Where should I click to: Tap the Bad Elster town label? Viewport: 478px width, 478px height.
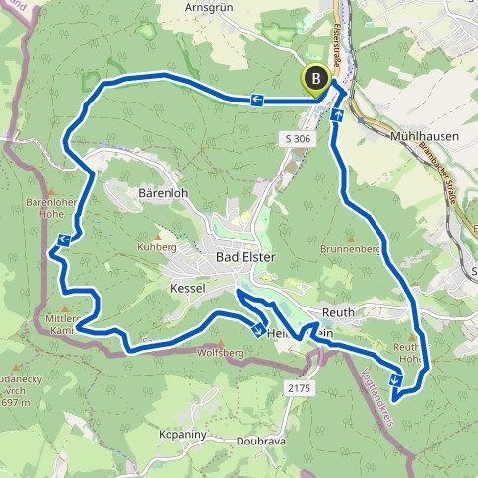point(246,258)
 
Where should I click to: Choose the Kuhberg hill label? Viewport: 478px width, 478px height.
point(156,246)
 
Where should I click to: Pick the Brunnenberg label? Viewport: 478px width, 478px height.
point(350,250)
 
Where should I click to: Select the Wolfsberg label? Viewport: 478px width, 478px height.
point(220,352)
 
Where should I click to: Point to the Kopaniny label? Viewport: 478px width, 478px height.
point(181,433)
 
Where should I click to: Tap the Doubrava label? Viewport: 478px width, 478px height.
point(260,441)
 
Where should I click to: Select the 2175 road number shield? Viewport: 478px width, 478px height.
point(300,389)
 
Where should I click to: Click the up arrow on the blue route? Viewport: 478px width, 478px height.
point(338,115)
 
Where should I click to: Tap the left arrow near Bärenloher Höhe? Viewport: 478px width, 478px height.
point(63,238)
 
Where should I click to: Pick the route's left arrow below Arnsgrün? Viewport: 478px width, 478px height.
point(255,99)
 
